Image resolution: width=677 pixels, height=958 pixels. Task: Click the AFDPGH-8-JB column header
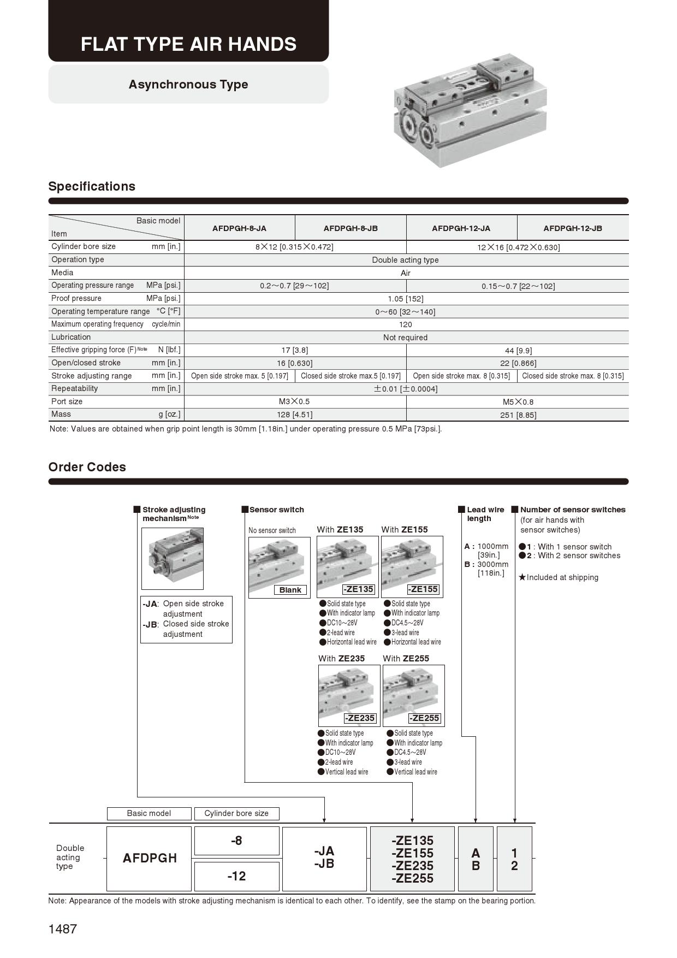coord(351,228)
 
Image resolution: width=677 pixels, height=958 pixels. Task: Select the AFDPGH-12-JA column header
coord(461,228)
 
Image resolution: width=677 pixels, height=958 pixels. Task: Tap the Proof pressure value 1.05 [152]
coord(406,299)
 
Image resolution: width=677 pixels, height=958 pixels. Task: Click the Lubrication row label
coord(71,337)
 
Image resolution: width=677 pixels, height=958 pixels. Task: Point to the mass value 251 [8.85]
coord(518,415)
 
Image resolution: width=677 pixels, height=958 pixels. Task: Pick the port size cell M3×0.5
coord(294,401)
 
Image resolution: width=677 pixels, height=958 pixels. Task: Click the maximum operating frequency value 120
coord(405,324)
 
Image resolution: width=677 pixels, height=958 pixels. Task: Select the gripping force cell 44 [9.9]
coord(518,351)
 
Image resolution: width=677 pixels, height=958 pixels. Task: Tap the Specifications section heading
coord(92,186)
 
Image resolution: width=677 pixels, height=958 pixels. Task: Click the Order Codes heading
coord(87,467)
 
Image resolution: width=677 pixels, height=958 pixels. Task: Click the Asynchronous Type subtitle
coord(188,85)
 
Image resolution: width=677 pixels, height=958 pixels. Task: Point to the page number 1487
coord(63,929)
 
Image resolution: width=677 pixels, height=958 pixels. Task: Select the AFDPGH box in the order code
coord(150,858)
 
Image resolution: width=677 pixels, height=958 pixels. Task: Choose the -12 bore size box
coord(236,876)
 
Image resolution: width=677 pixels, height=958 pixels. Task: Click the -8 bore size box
coord(236,841)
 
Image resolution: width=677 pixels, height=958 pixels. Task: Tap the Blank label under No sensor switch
coord(290,590)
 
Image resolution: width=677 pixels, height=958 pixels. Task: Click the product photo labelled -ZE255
coord(413,695)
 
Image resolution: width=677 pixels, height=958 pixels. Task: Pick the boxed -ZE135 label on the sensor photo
coord(358,589)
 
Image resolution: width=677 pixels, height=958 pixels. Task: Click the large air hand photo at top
coord(470,110)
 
